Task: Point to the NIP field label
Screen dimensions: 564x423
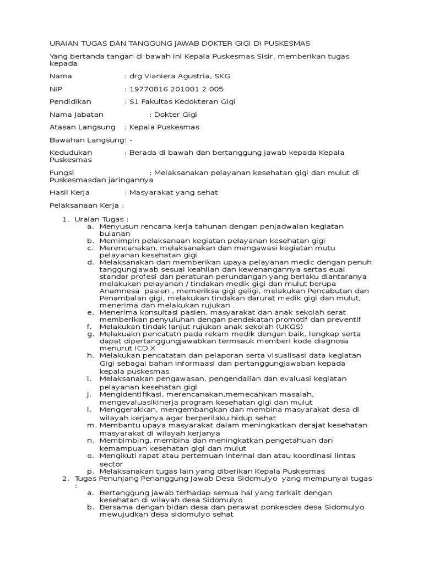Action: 57,89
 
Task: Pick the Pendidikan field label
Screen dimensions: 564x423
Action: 70,102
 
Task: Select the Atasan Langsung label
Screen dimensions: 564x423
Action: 83,127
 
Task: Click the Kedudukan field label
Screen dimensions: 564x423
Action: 71,153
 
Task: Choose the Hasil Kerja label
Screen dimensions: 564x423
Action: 69,193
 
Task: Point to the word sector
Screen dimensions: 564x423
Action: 111,464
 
